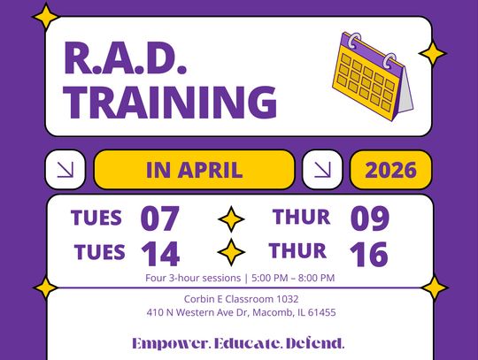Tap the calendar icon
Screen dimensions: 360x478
click(x=373, y=73)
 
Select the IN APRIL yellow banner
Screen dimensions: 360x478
click(x=194, y=170)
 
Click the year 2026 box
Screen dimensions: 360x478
click(x=390, y=170)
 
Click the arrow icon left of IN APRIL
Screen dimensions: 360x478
click(x=65, y=170)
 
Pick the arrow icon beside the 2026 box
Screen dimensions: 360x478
click(x=322, y=170)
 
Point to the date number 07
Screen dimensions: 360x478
click(x=159, y=218)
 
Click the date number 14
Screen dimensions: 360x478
click(x=159, y=254)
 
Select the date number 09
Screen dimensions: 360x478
click(x=369, y=218)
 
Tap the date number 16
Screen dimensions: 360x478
click(x=368, y=254)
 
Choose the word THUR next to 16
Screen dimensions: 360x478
click(x=298, y=252)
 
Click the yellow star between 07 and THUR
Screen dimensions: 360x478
click(x=230, y=218)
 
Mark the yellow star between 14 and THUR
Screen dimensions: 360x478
click(x=230, y=253)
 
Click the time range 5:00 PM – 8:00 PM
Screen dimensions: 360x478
click(x=293, y=278)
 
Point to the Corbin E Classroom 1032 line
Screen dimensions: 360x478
click(x=241, y=299)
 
